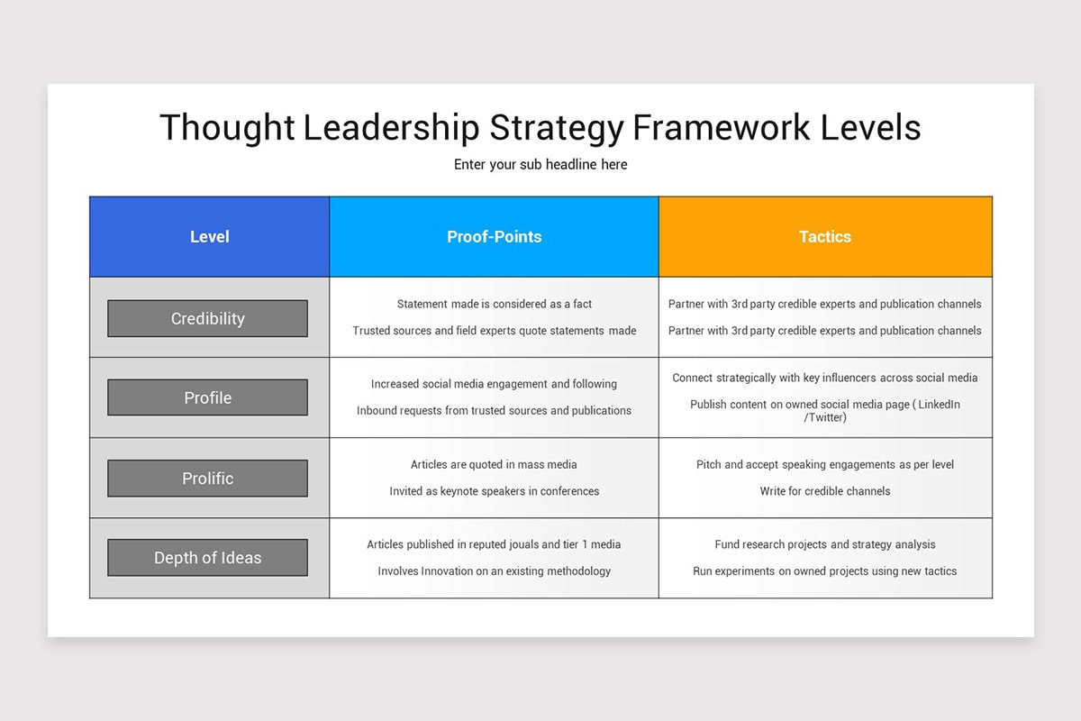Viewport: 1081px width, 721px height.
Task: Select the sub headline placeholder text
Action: tap(540, 165)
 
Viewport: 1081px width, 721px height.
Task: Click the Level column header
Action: tap(209, 237)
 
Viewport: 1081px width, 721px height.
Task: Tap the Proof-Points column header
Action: tap(494, 237)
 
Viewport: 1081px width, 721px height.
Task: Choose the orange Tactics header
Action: tap(825, 237)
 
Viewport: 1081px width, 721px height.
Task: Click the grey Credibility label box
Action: tap(207, 319)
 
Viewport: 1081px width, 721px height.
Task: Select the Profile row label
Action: tap(207, 398)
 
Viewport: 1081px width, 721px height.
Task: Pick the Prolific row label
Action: tap(207, 479)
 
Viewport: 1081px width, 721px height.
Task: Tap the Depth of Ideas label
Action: tap(207, 558)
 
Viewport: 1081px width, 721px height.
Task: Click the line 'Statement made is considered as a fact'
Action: tap(494, 305)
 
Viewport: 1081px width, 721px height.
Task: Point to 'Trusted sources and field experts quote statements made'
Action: tap(494, 331)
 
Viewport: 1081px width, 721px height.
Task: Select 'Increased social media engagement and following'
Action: tap(494, 384)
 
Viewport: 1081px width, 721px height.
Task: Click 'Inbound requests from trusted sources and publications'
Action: tap(494, 411)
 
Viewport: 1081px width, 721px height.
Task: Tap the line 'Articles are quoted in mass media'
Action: tap(494, 465)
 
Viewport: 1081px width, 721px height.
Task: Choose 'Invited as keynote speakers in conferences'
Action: tap(494, 491)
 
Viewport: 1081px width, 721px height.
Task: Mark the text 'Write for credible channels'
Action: tap(825, 491)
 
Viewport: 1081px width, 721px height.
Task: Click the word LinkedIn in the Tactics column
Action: tap(938, 405)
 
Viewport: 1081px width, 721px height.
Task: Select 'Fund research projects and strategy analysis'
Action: tap(825, 544)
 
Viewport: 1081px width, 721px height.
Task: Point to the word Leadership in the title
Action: tap(391, 128)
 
